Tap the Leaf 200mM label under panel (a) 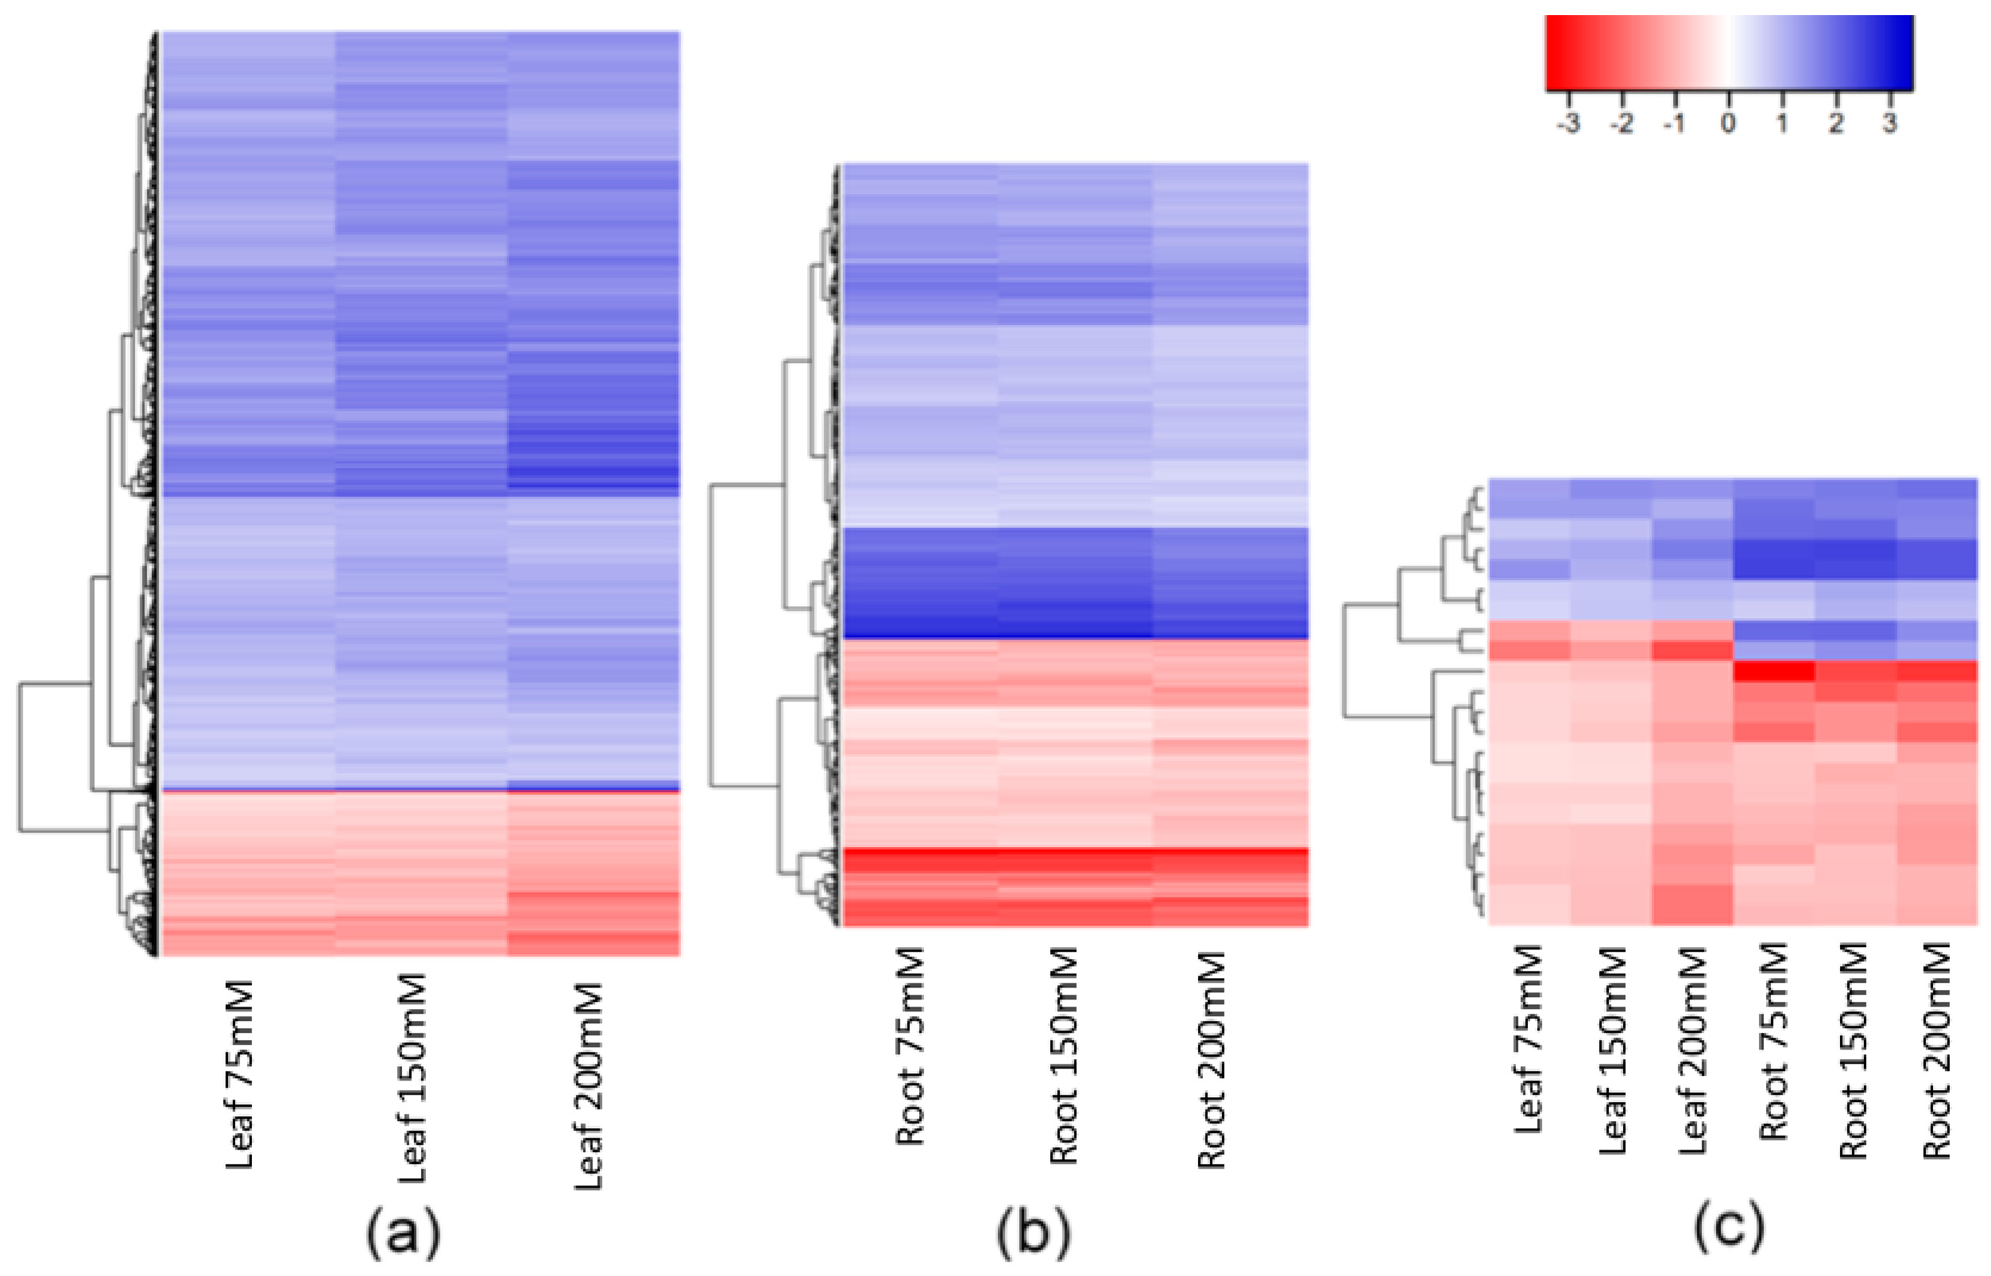pyautogui.click(x=588, y=1086)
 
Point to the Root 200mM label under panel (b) pyautogui.click(x=1212, y=1060)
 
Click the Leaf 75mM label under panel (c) pyautogui.click(x=1528, y=1038)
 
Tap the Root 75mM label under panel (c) pyautogui.click(x=1773, y=1042)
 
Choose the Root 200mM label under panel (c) pyautogui.click(x=1937, y=1050)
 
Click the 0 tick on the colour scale pyautogui.click(x=1728, y=124)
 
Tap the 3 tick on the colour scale pyautogui.click(x=1889, y=124)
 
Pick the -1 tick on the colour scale pyautogui.click(x=1674, y=124)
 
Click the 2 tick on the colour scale pyautogui.click(x=1836, y=124)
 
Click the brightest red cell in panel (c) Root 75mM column pyautogui.click(x=1773, y=671)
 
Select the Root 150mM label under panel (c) pyautogui.click(x=1854, y=1050)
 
